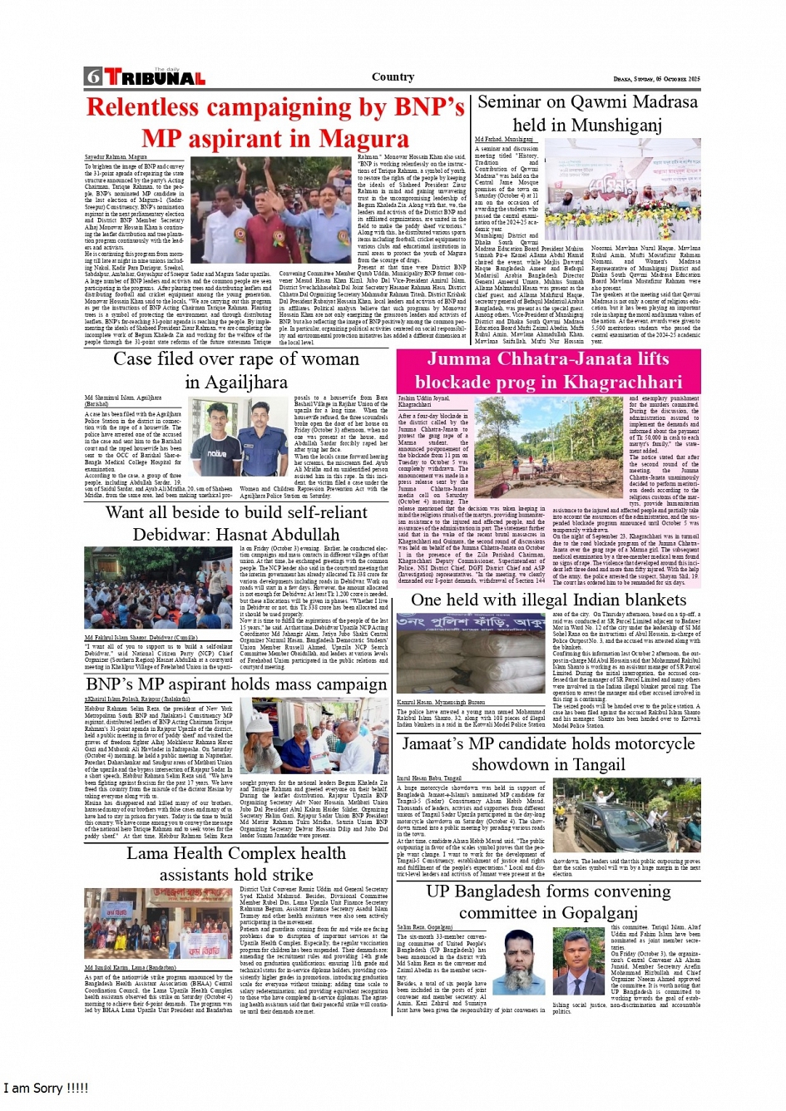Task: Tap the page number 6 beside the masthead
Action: [x=92, y=77]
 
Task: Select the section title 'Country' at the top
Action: [x=393, y=77]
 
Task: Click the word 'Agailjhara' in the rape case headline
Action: [x=236, y=383]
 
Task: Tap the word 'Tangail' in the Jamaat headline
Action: [x=591, y=765]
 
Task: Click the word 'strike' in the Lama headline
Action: [x=292, y=875]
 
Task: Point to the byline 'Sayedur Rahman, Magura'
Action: [x=116, y=156]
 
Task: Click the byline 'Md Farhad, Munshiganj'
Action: [x=504, y=140]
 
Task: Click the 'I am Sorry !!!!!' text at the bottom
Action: [x=46, y=1089]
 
